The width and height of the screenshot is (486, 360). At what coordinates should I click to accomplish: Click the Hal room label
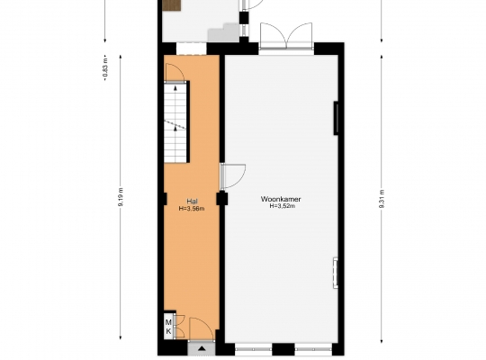coord(192,201)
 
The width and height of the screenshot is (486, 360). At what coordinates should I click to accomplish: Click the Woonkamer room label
coord(281,199)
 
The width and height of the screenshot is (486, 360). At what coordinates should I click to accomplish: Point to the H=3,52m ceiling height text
coord(282,205)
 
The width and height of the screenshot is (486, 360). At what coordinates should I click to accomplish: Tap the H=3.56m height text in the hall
coord(192,209)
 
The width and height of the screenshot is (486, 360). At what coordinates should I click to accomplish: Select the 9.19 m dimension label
coord(121,196)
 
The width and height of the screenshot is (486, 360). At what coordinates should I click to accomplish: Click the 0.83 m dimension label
coord(105,67)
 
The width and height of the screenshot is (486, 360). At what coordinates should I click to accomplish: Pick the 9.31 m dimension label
coord(382,198)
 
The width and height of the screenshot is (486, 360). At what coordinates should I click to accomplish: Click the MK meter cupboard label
coord(168,327)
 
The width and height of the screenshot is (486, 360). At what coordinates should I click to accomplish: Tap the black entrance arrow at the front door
coord(202,348)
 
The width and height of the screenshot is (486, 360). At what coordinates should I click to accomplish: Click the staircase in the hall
coord(175,122)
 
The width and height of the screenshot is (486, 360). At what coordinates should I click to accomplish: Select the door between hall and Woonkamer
coord(233,176)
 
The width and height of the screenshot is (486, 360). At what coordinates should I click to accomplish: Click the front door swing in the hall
coord(202,328)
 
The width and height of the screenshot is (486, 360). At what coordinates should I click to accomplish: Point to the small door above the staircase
coord(175,73)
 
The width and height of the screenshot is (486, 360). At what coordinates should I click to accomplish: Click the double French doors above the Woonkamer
coord(286,36)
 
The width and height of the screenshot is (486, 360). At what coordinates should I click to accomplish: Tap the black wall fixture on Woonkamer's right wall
coord(336,118)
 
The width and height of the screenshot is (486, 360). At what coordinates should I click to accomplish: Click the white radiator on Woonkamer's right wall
coord(336,273)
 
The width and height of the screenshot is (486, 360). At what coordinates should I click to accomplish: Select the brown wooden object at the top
coord(172,5)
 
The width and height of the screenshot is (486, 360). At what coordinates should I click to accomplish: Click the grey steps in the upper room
coord(223,32)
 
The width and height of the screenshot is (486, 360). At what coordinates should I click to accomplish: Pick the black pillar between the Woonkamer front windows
coord(283,349)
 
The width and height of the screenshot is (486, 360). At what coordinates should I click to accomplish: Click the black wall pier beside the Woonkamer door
coord(222,198)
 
